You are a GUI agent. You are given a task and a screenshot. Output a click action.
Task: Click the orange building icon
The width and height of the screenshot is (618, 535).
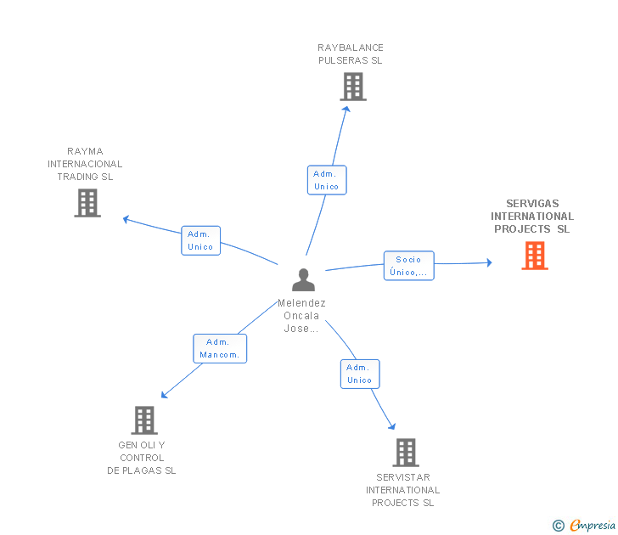(535, 256)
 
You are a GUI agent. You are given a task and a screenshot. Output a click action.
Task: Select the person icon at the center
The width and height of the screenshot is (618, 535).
(303, 279)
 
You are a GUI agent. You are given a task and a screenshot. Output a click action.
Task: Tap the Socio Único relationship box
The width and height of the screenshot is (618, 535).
(408, 266)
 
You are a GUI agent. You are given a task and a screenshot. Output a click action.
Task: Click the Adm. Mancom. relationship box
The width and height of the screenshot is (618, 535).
(220, 348)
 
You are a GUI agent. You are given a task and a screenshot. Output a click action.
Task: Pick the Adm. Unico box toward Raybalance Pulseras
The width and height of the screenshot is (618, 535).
(327, 180)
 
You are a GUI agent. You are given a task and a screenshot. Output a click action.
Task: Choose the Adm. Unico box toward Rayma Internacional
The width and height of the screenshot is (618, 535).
(200, 240)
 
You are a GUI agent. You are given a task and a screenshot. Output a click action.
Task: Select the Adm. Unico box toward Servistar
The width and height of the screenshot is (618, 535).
(360, 374)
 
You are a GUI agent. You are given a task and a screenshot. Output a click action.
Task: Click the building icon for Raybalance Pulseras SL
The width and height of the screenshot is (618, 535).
(353, 87)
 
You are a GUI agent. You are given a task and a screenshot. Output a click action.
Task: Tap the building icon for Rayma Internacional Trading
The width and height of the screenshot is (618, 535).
(87, 203)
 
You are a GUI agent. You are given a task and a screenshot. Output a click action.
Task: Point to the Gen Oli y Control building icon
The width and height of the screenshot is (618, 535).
(144, 420)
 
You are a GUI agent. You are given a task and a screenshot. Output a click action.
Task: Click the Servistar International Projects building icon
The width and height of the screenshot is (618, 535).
(406, 453)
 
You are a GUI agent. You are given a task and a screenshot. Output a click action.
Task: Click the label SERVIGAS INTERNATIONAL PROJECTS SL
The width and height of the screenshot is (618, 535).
(532, 217)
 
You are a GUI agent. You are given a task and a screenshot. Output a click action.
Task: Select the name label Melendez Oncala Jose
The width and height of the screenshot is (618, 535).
(301, 316)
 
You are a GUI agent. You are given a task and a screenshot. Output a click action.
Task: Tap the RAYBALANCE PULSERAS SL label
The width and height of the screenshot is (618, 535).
(351, 54)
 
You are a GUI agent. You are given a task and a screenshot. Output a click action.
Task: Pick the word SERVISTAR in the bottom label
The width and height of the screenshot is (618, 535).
(403, 477)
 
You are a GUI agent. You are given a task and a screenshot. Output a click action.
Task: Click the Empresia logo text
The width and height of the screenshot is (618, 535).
(593, 525)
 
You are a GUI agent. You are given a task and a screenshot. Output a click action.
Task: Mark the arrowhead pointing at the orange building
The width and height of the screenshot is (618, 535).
(490, 262)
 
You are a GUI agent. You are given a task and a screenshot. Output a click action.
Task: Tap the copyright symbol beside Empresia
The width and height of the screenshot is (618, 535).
(558, 526)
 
